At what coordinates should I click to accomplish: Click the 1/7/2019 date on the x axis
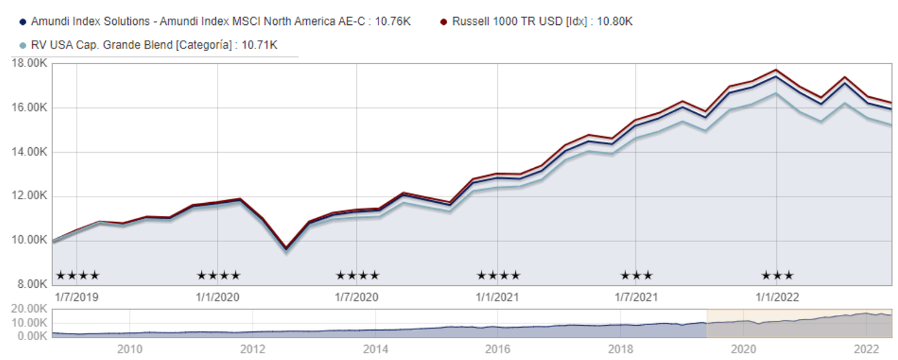coord(77,296)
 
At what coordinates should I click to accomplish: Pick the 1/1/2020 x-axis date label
coord(218,296)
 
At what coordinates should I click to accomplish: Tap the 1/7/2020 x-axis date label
coord(357,296)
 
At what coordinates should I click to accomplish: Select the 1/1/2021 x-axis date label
coord(498,296)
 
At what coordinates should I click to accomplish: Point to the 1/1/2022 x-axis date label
coord(777,296)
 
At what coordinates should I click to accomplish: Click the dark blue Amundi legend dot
coord(23,21)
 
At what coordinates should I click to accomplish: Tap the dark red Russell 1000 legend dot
coord(443,21)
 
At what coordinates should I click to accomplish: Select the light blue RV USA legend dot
coord(23,45)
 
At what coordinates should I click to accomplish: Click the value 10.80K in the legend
coord(614,21)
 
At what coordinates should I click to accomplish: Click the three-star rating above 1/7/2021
coord(636,275)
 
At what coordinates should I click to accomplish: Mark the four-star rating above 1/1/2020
coord(218,275)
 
